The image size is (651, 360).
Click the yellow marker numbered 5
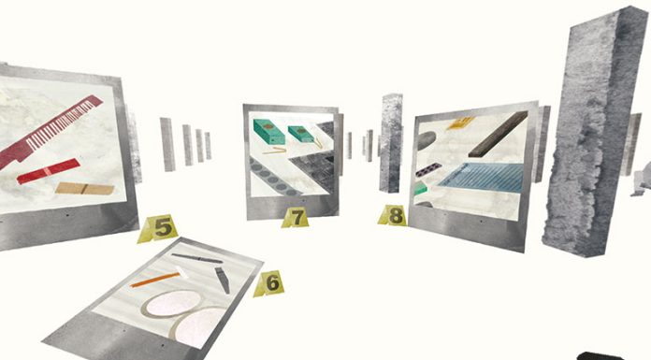click(x=159, y=228)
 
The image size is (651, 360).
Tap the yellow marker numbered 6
click(x=269, y=283)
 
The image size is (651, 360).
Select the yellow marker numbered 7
click(x=296, y=218)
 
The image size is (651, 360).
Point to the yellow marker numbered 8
click(x=393, y=215)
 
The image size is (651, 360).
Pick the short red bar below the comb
click(x=49, y=171)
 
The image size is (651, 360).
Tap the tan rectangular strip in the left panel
click(x=85, y=189)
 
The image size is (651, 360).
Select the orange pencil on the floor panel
click(x=154, y=280)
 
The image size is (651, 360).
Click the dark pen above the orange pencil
click(x=196, y=258)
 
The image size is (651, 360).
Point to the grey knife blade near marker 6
click(x=223, y=280)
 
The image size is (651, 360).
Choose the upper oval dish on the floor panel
click(x=171, y=303)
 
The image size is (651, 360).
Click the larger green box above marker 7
click(x=269, y=131)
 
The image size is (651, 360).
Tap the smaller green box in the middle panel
click(x=301, y=134)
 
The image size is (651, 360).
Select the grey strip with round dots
click(x=273, y=179)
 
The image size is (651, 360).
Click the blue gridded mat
click(x=481, y=178)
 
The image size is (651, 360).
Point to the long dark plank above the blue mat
click(x=499, y=134)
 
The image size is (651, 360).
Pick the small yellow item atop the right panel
click(x=460, y=122)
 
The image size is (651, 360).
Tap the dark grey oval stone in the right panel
click(x=426, y=140)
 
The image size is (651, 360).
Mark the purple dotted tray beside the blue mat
click(x=428, y=169)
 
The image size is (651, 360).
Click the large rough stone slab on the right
click(x=594, y=133)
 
